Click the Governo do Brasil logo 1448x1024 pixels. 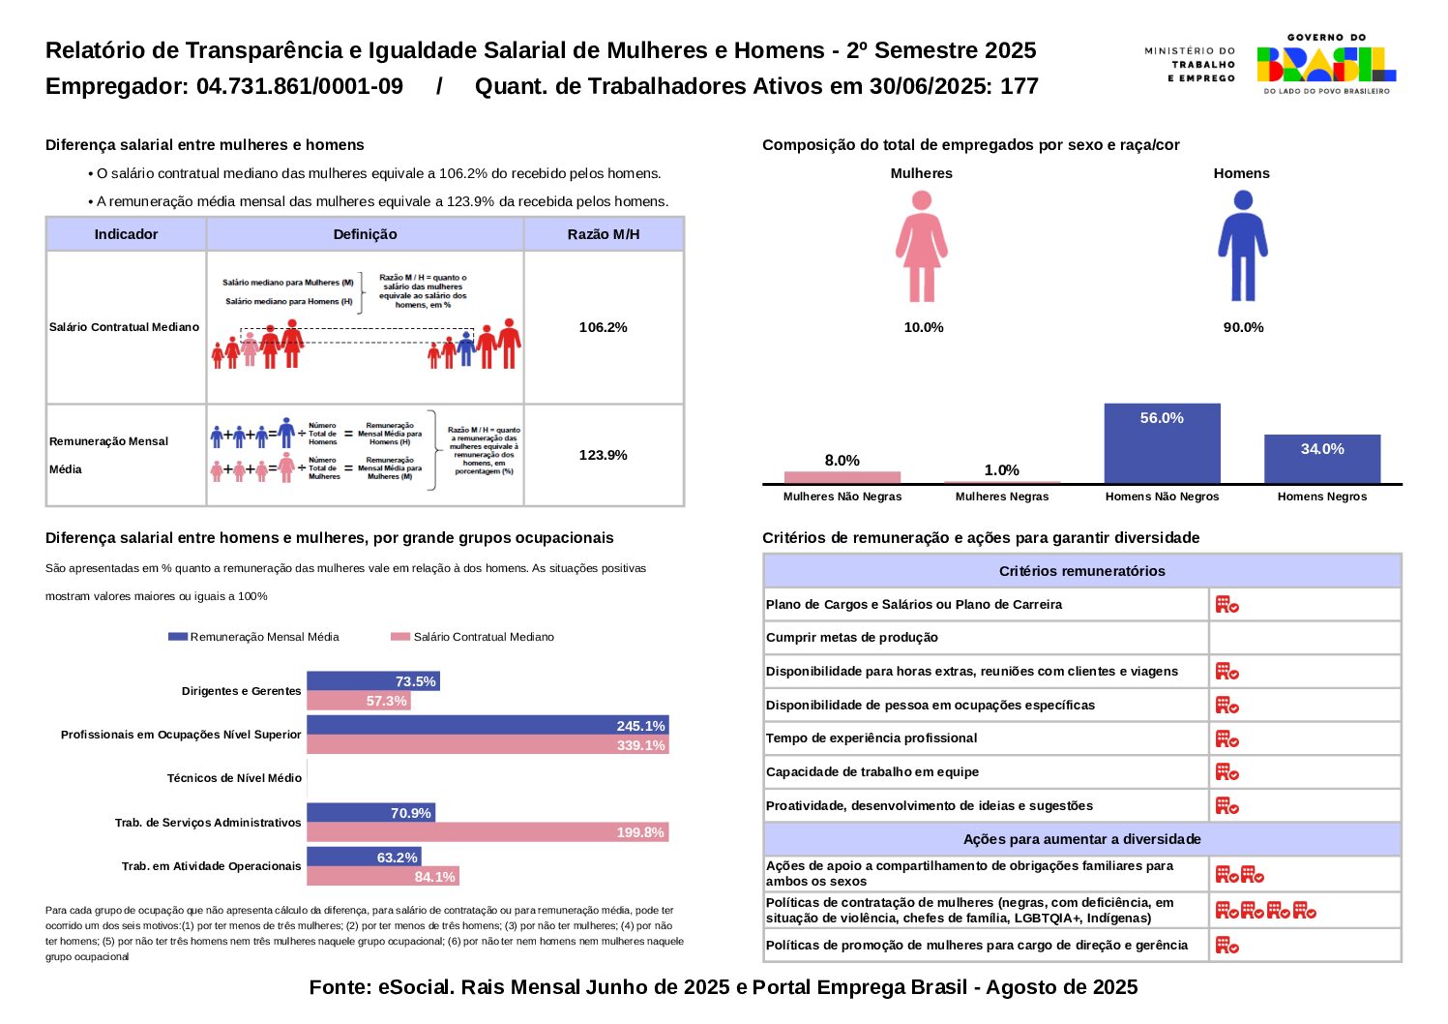click(1326, 64)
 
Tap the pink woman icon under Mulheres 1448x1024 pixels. click(921, 246)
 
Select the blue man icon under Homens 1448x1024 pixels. click(1242, 246)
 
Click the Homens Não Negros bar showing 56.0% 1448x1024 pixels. click(1162, 443)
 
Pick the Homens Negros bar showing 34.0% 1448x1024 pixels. click(1321, 459)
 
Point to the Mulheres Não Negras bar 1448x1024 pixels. click(842, 477)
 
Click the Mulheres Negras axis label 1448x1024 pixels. click(1001, 497)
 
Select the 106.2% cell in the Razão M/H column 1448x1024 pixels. click(603, 327)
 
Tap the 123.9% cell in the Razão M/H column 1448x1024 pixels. click(603, 455)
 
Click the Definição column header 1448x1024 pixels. click(365, 234)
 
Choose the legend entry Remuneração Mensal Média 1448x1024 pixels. click(254, 637)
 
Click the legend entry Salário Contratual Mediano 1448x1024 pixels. click(473, 637)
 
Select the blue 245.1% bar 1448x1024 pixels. click(488, 726)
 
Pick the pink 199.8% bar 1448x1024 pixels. click(488, 832)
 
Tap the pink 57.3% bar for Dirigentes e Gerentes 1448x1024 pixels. click(358, 701)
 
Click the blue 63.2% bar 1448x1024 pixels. click(364, 858)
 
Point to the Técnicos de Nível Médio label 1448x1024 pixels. click(234, 778)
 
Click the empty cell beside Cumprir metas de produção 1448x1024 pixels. click(1304, 638)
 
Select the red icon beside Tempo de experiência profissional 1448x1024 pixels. click(1226, 739)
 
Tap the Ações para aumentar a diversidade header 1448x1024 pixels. click(1081, 839)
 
